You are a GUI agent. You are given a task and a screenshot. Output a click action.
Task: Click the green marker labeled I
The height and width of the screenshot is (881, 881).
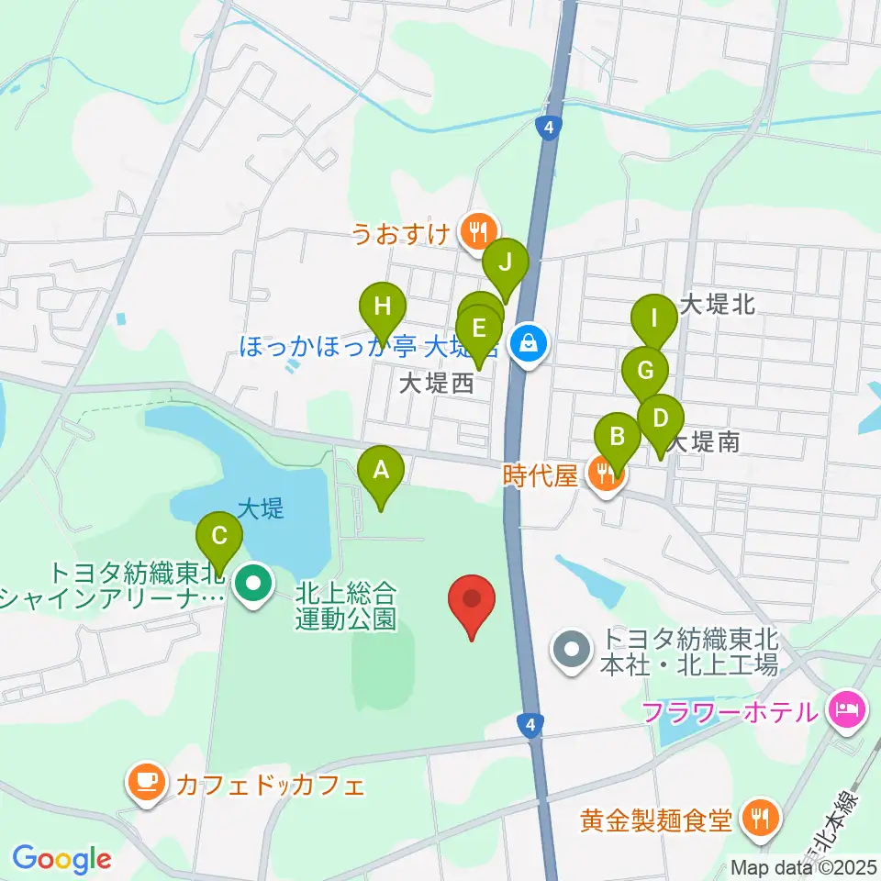click(653, 319)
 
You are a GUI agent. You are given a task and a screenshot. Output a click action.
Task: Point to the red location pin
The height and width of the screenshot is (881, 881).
click(473, 601)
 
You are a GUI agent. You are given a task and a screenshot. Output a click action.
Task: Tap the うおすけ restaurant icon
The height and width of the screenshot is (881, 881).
click(477, 232)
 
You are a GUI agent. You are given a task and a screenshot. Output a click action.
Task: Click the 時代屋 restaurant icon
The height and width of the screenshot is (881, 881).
click(606, 475)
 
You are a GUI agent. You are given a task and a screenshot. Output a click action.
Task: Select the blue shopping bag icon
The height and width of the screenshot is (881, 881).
click(529, 345)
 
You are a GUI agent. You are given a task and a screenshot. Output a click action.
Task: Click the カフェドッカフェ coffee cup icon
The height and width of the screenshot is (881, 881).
click(147, 783)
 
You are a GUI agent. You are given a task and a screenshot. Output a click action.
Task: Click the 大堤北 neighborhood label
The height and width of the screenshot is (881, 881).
click(717, 305)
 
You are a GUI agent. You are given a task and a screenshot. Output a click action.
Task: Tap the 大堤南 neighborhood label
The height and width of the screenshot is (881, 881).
click(703, 442)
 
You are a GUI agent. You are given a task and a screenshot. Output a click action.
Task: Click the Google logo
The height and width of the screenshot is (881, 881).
click(61, 860)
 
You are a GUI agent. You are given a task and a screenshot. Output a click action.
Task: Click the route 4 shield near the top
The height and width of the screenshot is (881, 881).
click(549, 128)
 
